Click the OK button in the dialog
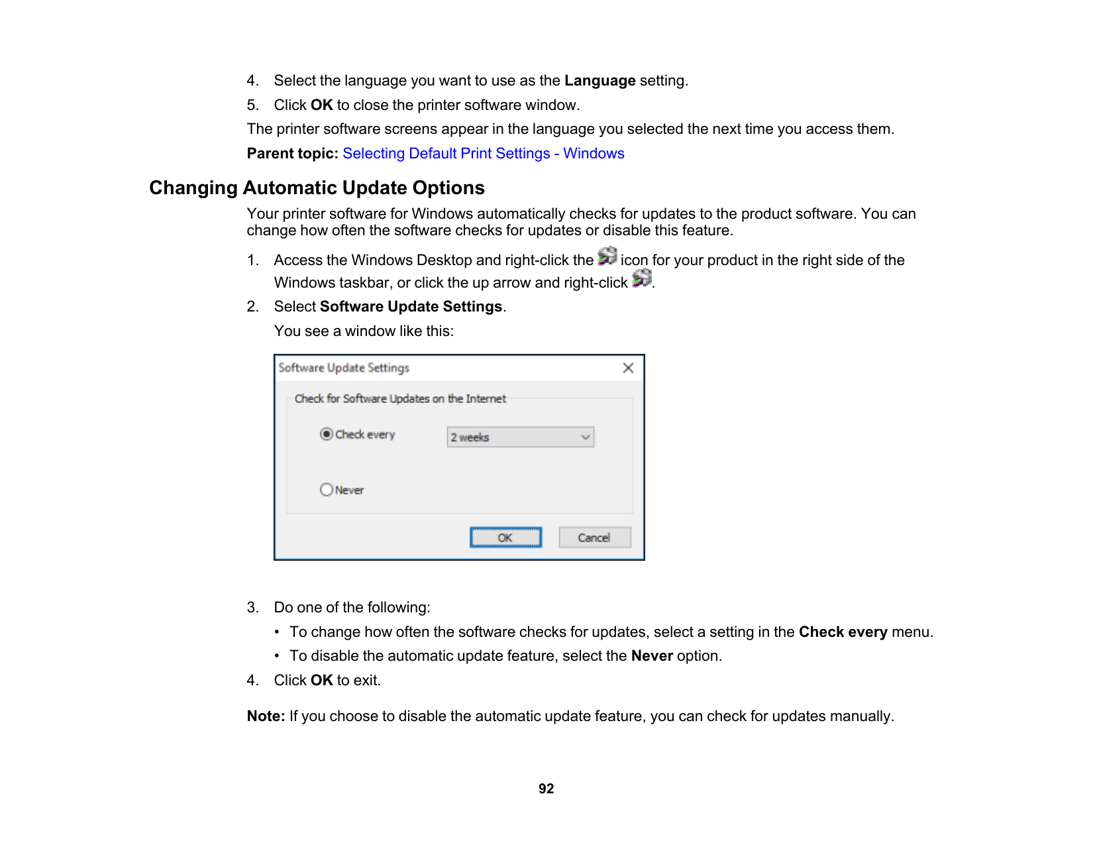click(505, 537)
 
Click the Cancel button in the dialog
click(594, 537)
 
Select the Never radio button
click(327, 490)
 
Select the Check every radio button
click(327, 434)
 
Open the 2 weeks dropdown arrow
click(585, 437)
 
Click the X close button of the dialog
click(628, 368)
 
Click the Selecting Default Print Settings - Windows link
click(483, 154)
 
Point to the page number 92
click(546, 789)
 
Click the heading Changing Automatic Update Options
click(317, 188)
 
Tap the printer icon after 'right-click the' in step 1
click(607, 256)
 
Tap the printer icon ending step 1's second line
click(641, 279)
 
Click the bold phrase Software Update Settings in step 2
click(411, 307)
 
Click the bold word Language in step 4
click(599, 81)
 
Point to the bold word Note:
click(266, 716)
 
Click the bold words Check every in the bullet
click(843, 632)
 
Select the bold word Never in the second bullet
click(652, 656)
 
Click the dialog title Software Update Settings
click(344, 368)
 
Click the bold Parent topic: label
click(293, 154)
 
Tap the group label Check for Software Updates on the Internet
click(400, 399)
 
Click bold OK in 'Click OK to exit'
click(321, 681)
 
